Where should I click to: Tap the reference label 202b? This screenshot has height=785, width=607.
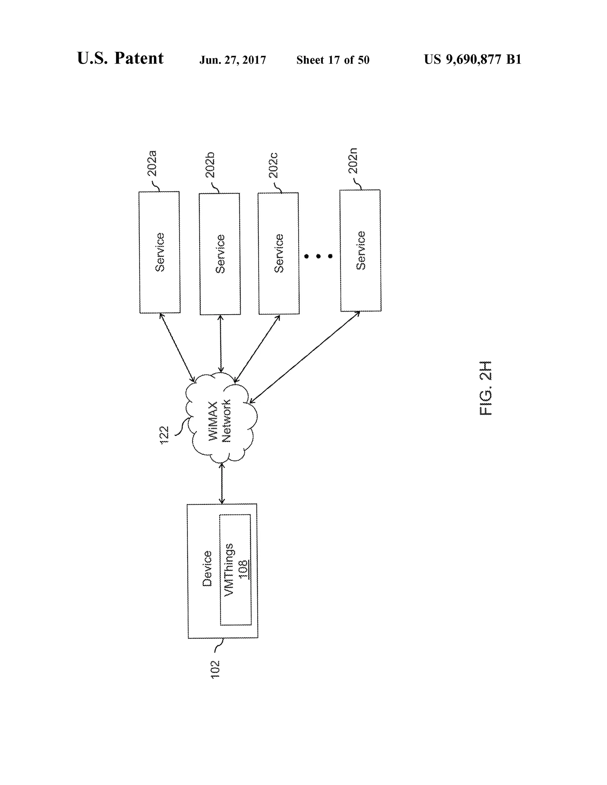pos(210,165)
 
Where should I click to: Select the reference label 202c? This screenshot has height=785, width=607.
pos(274,165)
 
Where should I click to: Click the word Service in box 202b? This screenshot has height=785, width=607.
pos(221,254)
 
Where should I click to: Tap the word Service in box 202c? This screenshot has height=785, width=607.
pos(279,253)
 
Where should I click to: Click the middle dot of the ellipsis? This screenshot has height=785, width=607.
pos(318,256)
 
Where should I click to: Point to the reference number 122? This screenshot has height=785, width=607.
pos(164,435)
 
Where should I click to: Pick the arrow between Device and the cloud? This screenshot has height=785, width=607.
pos(222,483)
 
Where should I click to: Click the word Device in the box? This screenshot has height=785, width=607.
pos(207,569)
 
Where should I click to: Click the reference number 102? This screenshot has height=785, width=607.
pos(215,669)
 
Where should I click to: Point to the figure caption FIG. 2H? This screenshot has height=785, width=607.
pos(485,388)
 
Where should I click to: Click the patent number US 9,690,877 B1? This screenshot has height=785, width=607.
pos(472,59)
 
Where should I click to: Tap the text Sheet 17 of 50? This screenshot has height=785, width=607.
pos(333,60)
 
